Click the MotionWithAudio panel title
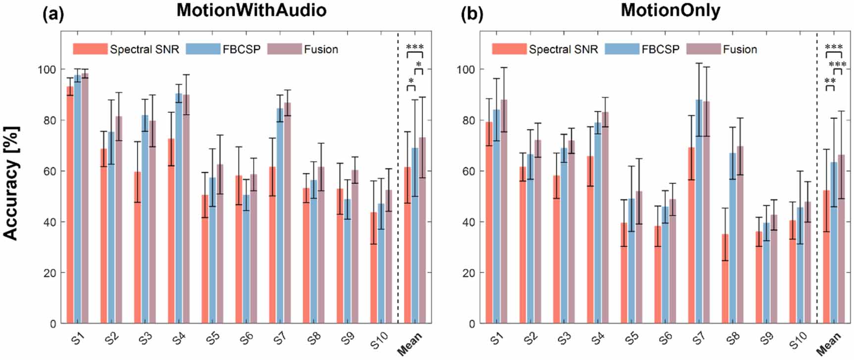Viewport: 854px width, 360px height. click(x=251, y=10)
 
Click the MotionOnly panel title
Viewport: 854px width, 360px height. click(x=670, y=10)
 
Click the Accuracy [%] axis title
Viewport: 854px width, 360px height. click(x=11, y=183)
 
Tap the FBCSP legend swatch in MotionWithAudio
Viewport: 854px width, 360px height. click(x=203, y=49)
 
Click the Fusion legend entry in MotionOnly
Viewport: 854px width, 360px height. click(x=740, y=49)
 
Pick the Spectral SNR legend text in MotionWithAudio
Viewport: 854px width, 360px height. click(x=144, y=49)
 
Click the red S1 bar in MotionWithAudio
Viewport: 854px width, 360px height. click(x=70, y=208)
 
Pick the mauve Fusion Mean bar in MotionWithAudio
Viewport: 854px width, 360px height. click(x=422, y=233)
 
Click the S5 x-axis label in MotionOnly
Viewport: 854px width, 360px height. click(x=631, y=339)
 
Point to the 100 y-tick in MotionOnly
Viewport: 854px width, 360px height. click(x=466, y=69)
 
